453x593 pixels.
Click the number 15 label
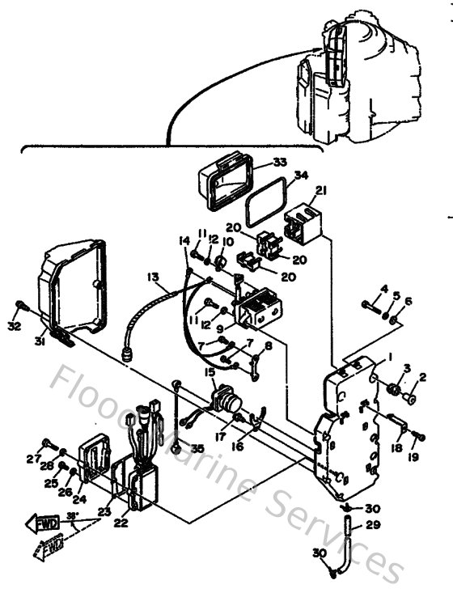[210, 372]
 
